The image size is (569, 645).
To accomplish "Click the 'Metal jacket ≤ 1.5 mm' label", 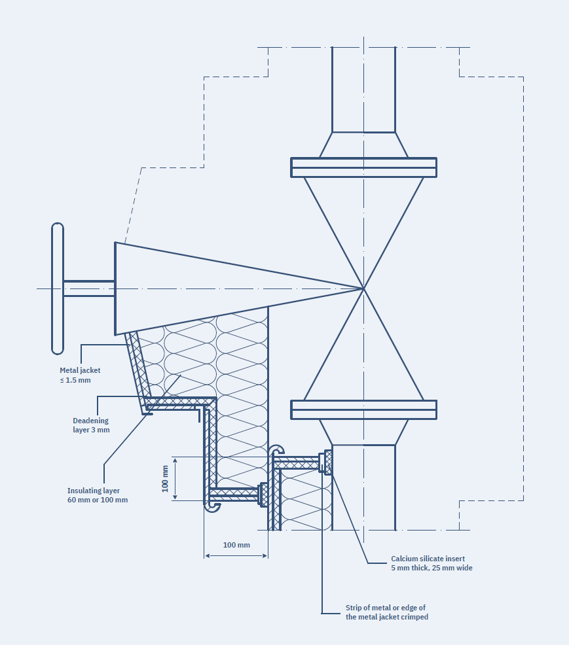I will pyautogui.click(x=80, y=375).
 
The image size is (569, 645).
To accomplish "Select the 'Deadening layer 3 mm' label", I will pyautogui.click(x=91, y=425).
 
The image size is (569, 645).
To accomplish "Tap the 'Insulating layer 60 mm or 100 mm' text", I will pyautogui.click(x=98, y=495).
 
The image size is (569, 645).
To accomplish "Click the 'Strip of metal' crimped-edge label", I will pyautogui.click(x=386, y=612).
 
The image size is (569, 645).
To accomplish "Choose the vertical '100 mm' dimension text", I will pyautogui.click(x=166, y=478).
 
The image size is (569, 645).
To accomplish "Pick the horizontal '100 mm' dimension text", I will pyautogui.click(x=236, y=545).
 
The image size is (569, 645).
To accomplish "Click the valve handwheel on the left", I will pyautogui.click(x=58, y=288).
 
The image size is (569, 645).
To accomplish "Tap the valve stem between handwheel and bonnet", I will pyautogui.click(x=89, y=288).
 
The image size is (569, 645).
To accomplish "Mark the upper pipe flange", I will pyautogui.click(x=363, y=167).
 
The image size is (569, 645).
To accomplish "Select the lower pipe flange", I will pyautogui.click(x=363, y=410).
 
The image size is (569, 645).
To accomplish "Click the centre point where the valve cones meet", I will pyautogui.click(x=363, y=288).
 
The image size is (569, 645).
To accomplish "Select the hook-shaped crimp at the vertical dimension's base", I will pyautogui.click(x=211, y=506).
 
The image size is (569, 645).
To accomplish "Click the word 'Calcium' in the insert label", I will pyautogui.click(x=405, y=559).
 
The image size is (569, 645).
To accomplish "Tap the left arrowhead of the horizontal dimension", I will pyautogui.click(x=208, y=556).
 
